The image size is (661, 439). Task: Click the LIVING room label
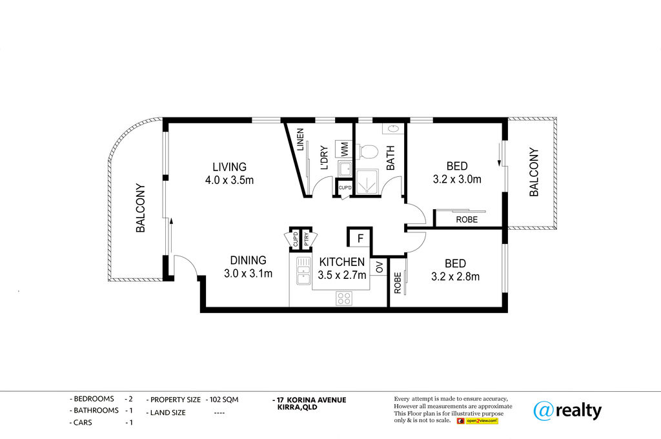pyautogui.click(x=229, y=167)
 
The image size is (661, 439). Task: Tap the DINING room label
pyautogui.click(x=248, y=260)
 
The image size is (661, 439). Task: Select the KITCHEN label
pyautogui.click(x=342, y=262)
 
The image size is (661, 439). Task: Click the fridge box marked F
pyautogui.click(x=360, y=238)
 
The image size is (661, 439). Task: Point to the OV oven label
pyautogui.click(x=380, y=267)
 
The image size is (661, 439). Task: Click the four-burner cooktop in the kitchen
pyautogui.click(x=344, y=298)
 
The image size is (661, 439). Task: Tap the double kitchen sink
pyautogui.click(x=303, y=271)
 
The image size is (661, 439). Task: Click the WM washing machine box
pyautogui.click(x=345, y=149)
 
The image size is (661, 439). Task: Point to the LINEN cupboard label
pyautogui.click(x=300, y=139)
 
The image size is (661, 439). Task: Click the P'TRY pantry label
pyautogui.click(x=307, y=239)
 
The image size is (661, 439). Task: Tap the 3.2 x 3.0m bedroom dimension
pyautogui.click(x=457, y=179)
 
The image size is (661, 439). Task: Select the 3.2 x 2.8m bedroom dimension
pyautogui.click(x=455, y=277)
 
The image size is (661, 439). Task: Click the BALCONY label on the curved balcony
pyautogui.click(x=140, y=208)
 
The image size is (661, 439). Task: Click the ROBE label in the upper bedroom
pyautogui.click(x=467, y=219)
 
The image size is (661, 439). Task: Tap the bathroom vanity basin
pyautogui.click(x=394, y=128)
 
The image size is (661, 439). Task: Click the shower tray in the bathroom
pyautogui.click(x=367, y=182)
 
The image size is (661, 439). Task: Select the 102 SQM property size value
pyautogui.click(x=224, y=400)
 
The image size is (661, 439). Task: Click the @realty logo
pyautogui.click(x=567, y=411)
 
